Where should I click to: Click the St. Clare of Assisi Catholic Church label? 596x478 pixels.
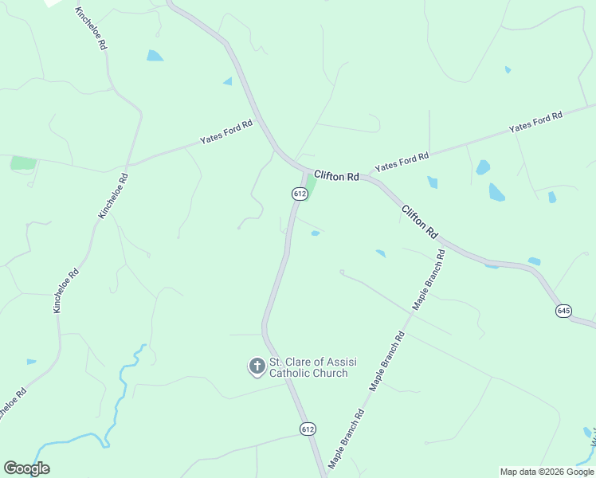[312, 367]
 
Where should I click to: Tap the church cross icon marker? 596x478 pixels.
[257, 366]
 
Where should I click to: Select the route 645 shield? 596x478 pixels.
[564, 311]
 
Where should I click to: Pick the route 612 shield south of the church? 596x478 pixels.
[308, 429]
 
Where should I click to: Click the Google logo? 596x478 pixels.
[26, 468]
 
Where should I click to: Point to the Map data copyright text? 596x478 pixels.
[547, 472]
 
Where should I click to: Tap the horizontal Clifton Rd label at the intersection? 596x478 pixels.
[336, 175]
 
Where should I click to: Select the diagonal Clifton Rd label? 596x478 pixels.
[420, 222]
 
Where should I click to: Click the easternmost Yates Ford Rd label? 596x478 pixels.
[535, 122]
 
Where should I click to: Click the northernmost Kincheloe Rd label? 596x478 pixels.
[90, 29]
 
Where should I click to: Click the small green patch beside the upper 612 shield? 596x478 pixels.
[312, 187]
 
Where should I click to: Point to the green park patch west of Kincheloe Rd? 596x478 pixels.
[23, 163]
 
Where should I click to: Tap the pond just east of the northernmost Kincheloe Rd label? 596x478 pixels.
[155, 56]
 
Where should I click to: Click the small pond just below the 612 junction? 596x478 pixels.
[316, 233]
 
